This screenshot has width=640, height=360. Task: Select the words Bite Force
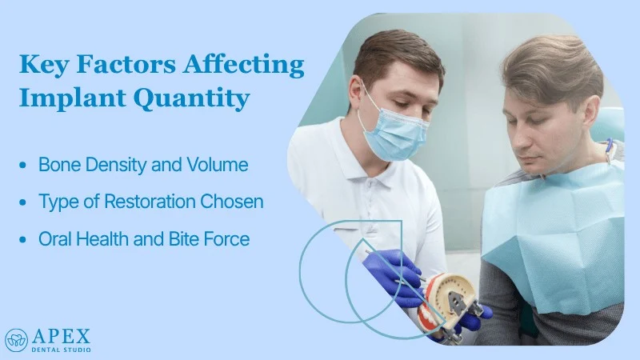point(215,238)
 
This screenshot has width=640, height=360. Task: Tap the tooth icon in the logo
point(16,340)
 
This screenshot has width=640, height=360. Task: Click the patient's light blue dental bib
point(552,232)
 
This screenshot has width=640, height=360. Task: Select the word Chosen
point(234,202)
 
